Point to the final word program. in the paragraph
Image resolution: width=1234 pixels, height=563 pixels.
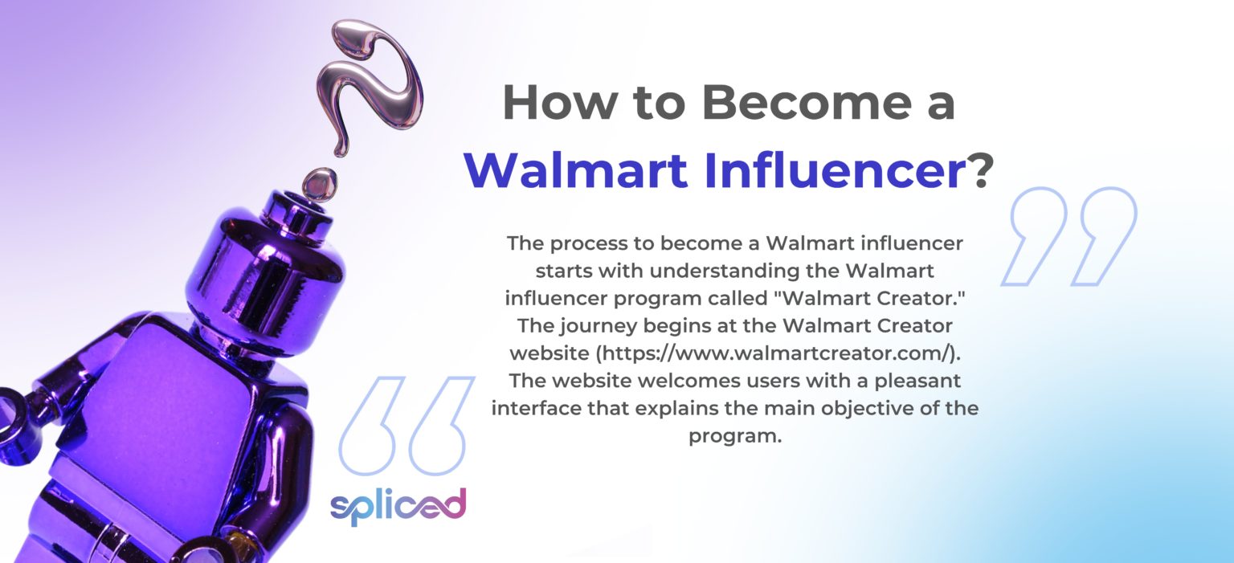click(x=734, y=436)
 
